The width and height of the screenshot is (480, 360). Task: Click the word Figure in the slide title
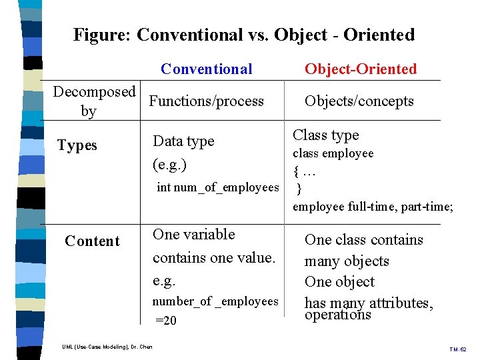(101, 35)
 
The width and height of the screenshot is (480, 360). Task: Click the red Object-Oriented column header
(361, 69)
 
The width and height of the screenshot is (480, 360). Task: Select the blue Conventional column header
(207, 69)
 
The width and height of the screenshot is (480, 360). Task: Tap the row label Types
(77, 145)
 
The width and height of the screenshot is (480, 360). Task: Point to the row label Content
(92, 241)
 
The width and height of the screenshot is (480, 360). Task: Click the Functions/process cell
(207, 101)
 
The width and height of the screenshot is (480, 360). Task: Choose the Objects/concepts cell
(359, 101)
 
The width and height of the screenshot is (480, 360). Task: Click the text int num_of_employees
(217, 187)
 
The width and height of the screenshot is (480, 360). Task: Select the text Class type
(326, 135)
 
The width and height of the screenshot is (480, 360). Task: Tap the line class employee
(333, 153)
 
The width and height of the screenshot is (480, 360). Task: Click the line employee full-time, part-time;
(373, 207)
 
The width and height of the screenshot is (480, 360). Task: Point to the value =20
(166, 321)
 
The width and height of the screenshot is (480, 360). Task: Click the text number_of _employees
(215, 301)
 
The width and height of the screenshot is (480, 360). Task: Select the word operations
(337, 315)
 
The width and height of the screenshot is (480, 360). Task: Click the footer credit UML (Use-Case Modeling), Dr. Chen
(107, 347)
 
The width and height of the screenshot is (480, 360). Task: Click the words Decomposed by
(94, 101)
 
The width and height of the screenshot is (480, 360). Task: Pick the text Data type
(184, 141)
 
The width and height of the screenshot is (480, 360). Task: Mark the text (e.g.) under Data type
(169, 164)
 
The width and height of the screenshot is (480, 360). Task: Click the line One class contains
(364, 240)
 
